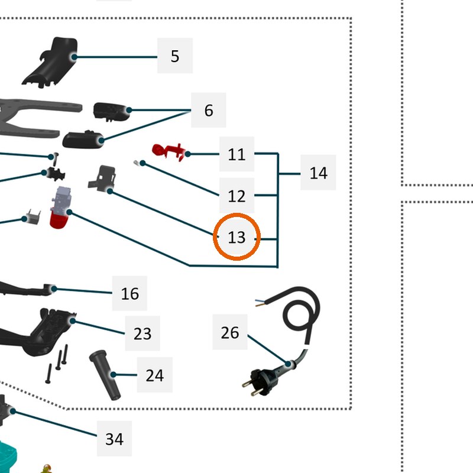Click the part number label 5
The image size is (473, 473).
click(x=175, y=56)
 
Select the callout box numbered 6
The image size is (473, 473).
click(x=209, y=110)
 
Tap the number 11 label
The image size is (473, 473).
click(x=237, y=154)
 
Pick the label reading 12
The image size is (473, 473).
click(x=237, y=196)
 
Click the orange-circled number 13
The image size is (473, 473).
click(x=237, y=237)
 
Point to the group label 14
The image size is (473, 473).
click(x=318, y=173)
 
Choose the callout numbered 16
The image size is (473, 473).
click(x=129, y=293)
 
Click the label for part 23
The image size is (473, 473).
click(x=142, y=333)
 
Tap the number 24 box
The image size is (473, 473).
click(x=155, y=375)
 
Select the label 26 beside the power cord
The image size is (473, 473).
click(x=230, y=332)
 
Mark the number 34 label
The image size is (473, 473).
click(x=114, y=439)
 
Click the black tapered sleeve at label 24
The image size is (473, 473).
click(x=105, y=375)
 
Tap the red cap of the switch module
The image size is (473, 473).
click(x=59, y=220)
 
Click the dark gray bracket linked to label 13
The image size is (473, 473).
click(x=103, y=179)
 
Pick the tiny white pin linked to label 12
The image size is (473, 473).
click(x=136, y=163)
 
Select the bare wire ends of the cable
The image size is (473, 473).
click(x=260, y=303)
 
